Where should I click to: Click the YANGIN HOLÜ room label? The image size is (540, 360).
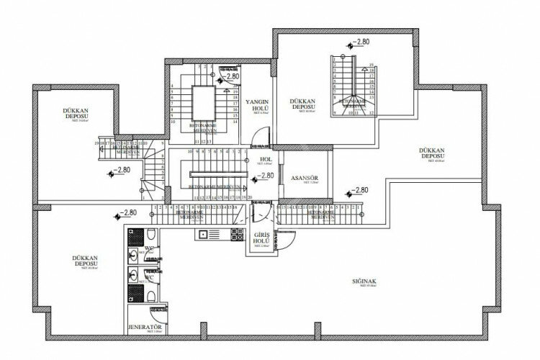coord(257,105)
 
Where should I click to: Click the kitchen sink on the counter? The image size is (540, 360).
coord(204,234)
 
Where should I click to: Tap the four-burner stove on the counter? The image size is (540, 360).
coord(235,234)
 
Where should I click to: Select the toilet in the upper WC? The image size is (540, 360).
coord(133,256)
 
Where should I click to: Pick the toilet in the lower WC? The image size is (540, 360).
coord(133,277)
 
